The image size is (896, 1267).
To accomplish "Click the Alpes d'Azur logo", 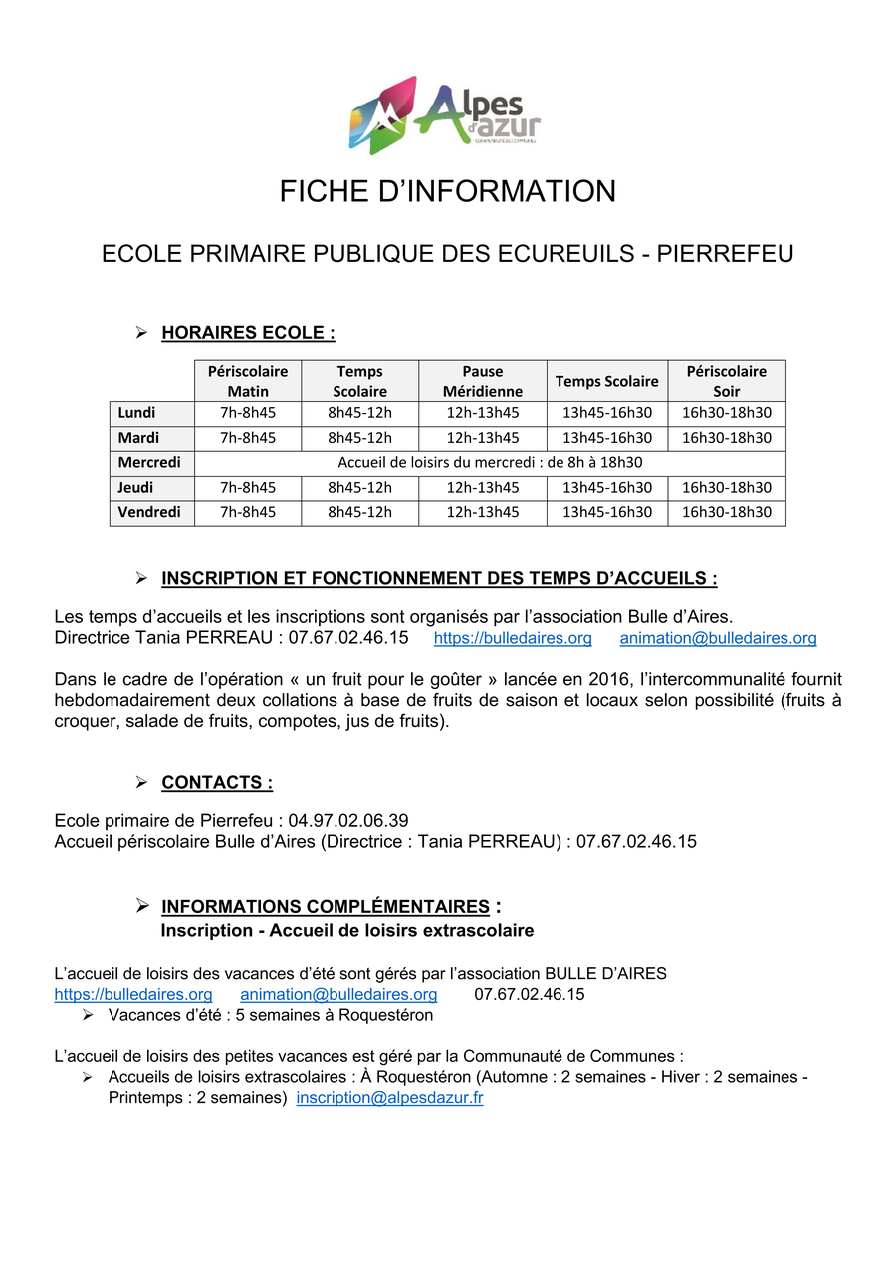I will pos(445,114).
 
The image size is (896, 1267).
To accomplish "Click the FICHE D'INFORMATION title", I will pos(447,191).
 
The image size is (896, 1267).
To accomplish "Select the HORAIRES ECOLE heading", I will pos(248,333).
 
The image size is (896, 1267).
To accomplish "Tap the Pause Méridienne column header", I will pos(482,381).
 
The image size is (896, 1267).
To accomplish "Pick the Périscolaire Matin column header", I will pos(248,381).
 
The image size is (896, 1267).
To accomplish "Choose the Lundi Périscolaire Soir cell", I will pos(726,412).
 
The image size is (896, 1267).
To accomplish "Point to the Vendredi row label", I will pos(150,513).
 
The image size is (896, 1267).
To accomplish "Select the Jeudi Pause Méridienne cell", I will pos(482,488).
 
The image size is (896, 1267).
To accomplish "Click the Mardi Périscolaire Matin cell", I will pos(248,438).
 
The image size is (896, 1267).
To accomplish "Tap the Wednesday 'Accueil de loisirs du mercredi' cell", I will pos(490,463).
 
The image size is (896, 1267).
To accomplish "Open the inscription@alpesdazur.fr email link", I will pos(389,1098).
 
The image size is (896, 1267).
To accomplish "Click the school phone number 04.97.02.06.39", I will pos(348,821).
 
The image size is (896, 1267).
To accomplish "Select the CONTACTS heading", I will pos(217,783).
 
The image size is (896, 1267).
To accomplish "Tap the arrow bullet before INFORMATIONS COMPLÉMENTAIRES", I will pos(141,906).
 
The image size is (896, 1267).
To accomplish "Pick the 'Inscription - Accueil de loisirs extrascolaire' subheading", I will pos(347,931).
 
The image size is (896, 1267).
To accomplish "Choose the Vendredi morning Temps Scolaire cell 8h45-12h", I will pos(359,513).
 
